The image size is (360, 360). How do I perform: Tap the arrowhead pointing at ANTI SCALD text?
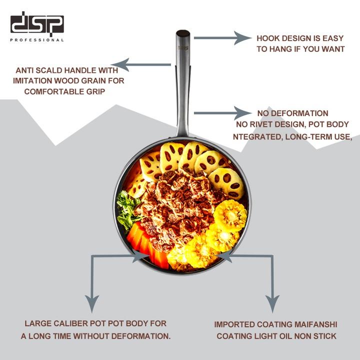coord(119,64)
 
